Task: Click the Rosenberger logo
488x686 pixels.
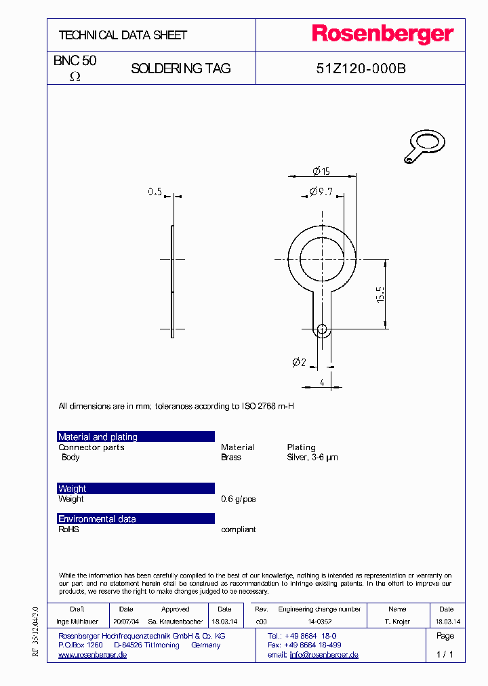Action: (382, 35)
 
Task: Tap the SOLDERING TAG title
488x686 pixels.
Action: (180, 68)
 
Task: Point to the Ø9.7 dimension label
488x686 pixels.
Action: (321, 192)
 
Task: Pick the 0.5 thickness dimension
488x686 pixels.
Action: (155, 193)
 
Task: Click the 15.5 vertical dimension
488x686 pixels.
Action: (380, 294)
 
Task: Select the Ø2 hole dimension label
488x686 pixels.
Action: (299, 363)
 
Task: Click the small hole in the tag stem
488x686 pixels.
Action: (322, 330)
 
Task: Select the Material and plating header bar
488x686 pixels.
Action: (136, 437)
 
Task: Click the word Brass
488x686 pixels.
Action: (231, 458)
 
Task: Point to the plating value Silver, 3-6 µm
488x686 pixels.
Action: (312, 458)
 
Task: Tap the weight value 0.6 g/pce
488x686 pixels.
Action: (239, 499)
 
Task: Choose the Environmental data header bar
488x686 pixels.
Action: (136, 519)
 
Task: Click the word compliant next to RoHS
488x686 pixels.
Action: (239, 529)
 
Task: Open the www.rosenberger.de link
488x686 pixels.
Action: (93, 655)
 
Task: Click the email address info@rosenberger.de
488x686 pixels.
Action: (324, 655)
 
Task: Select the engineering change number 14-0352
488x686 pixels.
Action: (319, 621)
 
